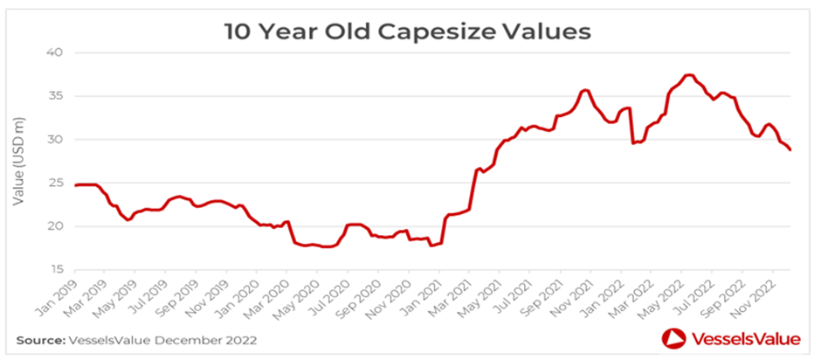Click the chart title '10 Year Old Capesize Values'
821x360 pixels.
409,32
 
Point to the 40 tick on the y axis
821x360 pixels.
55,52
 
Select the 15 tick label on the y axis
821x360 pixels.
55,270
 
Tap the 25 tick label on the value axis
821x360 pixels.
55,183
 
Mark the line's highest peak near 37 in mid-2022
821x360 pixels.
689,75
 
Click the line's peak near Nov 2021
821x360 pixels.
585,90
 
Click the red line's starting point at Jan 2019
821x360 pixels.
74,185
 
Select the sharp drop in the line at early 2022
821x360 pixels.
631,127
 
